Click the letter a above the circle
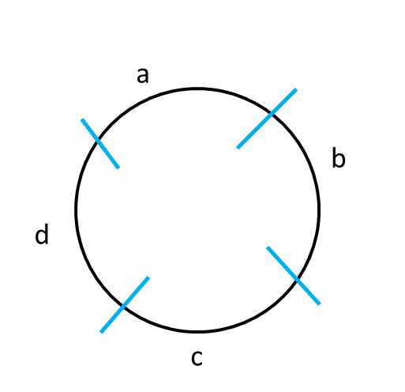click(143, 76)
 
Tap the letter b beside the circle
click(339, 157)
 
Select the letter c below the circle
click(197, 358)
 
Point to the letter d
click(42, 234)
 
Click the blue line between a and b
click(267, 119)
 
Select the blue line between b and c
click(294, 276)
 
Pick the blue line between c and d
click(125, 305)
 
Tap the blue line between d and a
click(100, 144)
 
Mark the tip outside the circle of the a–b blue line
click(296, 89)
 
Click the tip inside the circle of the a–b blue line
click(238, 148)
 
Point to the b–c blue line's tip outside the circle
click(320, 304)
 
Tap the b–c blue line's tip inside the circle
click(268, 247)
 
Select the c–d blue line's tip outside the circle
click(101, 332)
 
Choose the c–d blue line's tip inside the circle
click(148, 277)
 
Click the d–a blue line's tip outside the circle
click(82, 119)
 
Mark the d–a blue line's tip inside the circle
click(118, 168)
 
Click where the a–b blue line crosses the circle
click(271, 114)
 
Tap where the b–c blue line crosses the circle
click(297, 279)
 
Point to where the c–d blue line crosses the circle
click(123, 307)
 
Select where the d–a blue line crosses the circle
click(98, 141)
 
